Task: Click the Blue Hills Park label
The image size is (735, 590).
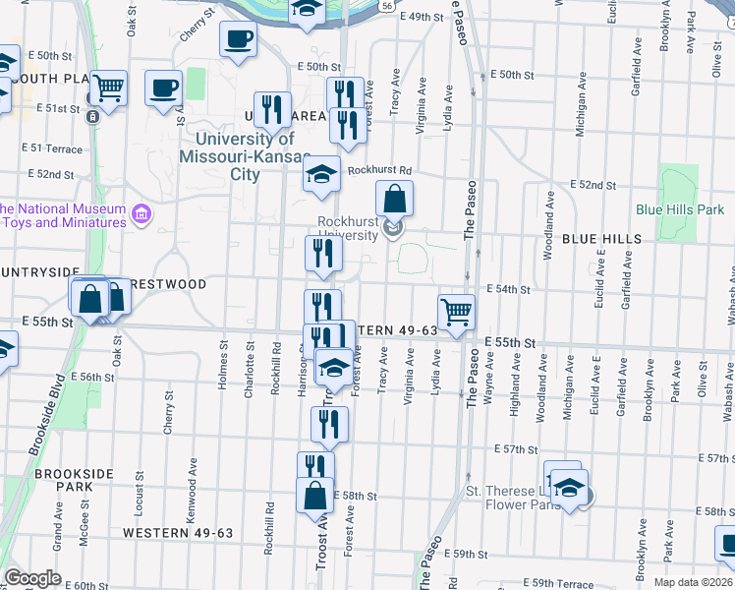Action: (680, 209)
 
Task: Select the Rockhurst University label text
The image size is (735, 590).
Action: (348, 228)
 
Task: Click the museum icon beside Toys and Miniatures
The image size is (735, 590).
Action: (141, 213)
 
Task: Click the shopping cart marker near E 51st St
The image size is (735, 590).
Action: (109, 88)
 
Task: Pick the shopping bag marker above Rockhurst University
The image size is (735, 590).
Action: (393, 199)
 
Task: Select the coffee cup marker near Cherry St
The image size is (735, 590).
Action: (238, 39)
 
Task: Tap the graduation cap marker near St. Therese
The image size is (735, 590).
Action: (567, 486)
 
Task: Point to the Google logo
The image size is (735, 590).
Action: (32, 578)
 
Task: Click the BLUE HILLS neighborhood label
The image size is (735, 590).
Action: (602, 239)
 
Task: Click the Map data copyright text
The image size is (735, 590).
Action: (694, 582)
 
